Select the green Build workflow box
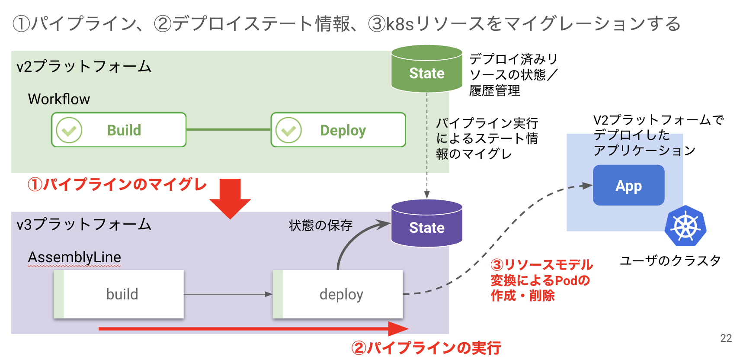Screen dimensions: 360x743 pos(119,130)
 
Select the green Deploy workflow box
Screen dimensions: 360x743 pos(338,130)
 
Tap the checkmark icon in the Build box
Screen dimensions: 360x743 pos(69,130)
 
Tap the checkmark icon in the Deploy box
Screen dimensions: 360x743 pos(288,130)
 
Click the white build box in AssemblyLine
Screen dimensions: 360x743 pos(119,294)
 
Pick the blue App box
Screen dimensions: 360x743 pos(628,185)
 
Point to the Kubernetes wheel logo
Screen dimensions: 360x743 pos(685,226)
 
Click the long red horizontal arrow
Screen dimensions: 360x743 pos(251,329)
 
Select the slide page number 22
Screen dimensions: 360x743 pos(726,338)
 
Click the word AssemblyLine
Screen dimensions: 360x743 pos(74,257)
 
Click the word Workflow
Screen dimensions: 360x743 pos(59,99)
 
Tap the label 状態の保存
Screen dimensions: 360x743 pos(320,225)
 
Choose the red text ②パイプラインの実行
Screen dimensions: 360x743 pos(426,347)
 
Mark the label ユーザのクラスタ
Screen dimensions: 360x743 pos(670,260)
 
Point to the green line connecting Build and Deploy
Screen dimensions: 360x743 pos(228,129)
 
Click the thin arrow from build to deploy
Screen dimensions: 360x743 pos(227,294)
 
